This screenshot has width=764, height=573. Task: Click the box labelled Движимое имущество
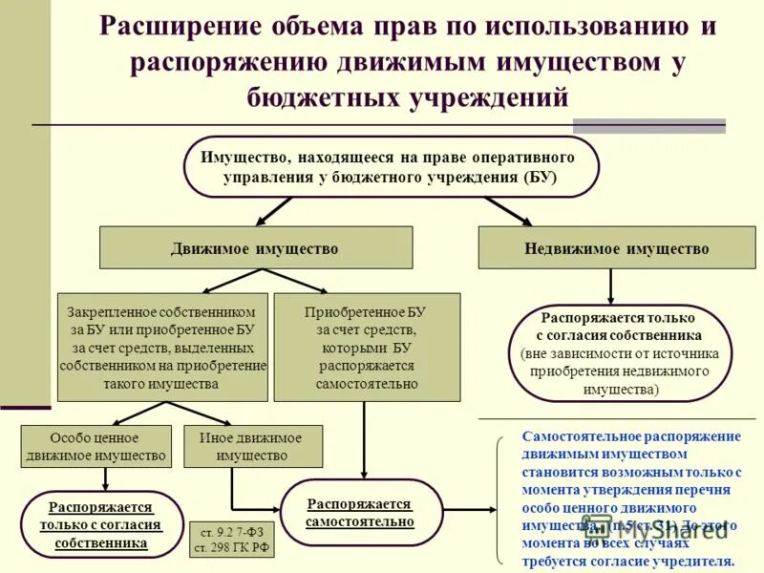[x=255, y=249]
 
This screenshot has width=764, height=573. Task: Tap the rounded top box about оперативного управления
[x=391, y=167]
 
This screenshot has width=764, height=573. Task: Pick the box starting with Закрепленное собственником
[x=162, y=347]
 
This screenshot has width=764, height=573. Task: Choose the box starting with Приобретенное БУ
[x=367, y=347]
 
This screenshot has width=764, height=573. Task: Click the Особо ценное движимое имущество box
[x=95, y=446]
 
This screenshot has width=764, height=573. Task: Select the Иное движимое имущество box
[x=252, y=446]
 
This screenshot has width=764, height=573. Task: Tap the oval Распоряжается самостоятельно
[x=360, y=513]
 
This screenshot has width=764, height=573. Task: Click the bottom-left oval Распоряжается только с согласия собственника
[x=101, y=524]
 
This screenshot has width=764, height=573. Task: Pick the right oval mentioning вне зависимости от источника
[x=620, y=352]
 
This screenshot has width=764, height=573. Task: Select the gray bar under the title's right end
[x=648, y=125]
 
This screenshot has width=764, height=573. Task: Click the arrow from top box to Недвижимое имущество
[x=507, y=211]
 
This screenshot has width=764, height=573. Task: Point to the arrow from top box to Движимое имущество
[x=273, y=211]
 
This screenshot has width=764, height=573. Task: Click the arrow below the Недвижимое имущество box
[x=611, y=286]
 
